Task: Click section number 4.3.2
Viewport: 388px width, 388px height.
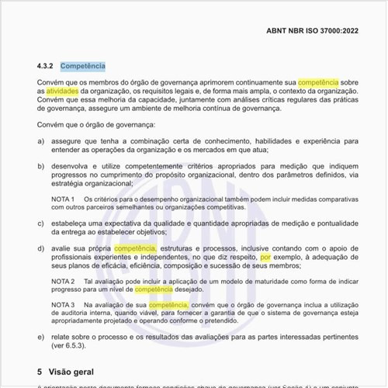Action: tap(46, 67)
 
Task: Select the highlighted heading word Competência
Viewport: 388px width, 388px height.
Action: tap(83, 67)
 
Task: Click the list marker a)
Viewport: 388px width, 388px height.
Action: tap(40, 141)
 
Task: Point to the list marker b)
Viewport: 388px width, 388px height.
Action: tap(40, 166)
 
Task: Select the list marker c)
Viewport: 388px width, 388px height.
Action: tap(40, 223)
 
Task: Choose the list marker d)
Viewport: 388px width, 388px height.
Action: tap(40, 248)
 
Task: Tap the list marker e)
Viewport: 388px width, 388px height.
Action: tap(40, 339)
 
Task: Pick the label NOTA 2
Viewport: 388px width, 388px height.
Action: tap(63, 280)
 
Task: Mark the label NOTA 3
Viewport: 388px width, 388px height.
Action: tap(63, 305)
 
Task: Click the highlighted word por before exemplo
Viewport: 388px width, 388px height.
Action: tap(266, 256)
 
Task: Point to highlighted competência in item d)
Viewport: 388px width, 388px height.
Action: tap(136, 248)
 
